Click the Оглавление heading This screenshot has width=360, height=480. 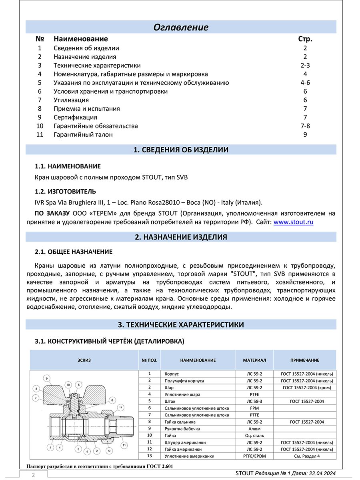[x=181, y=28]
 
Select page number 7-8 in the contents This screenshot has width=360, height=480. [x=305, y=126]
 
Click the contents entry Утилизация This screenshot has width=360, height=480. [x=71, y=100]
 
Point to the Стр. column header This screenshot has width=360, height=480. [x=305, y=39]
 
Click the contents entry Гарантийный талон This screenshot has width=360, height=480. [x=83, y=135]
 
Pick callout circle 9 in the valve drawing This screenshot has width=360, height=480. [x=47, y=378]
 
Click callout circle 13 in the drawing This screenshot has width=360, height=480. [x=120, y=407]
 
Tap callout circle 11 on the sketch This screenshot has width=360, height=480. [x=124, y=445]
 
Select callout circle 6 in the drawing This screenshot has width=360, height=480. [x=112, y=400]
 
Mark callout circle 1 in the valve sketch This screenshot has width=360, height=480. [x=50, y=448]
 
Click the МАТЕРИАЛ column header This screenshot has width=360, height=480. [x=254, y=360]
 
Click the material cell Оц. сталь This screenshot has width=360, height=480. [x=254, y=435]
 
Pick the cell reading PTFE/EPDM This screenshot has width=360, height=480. [x=254, y=456]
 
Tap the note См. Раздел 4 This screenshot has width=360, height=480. [x=307, y=456]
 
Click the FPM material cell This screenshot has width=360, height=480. [x=254, y=408]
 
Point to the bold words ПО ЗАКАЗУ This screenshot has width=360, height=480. [x=53, y=213]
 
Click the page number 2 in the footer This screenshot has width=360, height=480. [x=33, y=475]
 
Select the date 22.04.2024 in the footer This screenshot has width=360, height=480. [x=318, y=473]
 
